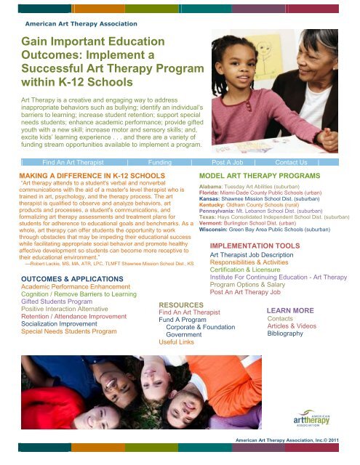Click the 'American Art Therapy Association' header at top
[81, 25]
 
